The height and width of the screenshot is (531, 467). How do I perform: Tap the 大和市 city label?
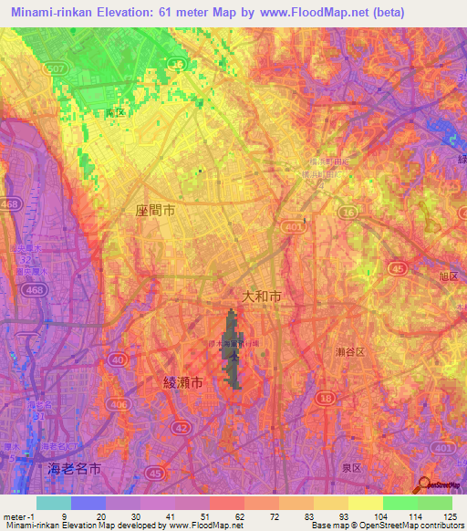263,296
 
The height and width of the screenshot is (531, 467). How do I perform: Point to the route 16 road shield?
348,212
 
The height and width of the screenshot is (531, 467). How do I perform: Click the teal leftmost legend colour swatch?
53,503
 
